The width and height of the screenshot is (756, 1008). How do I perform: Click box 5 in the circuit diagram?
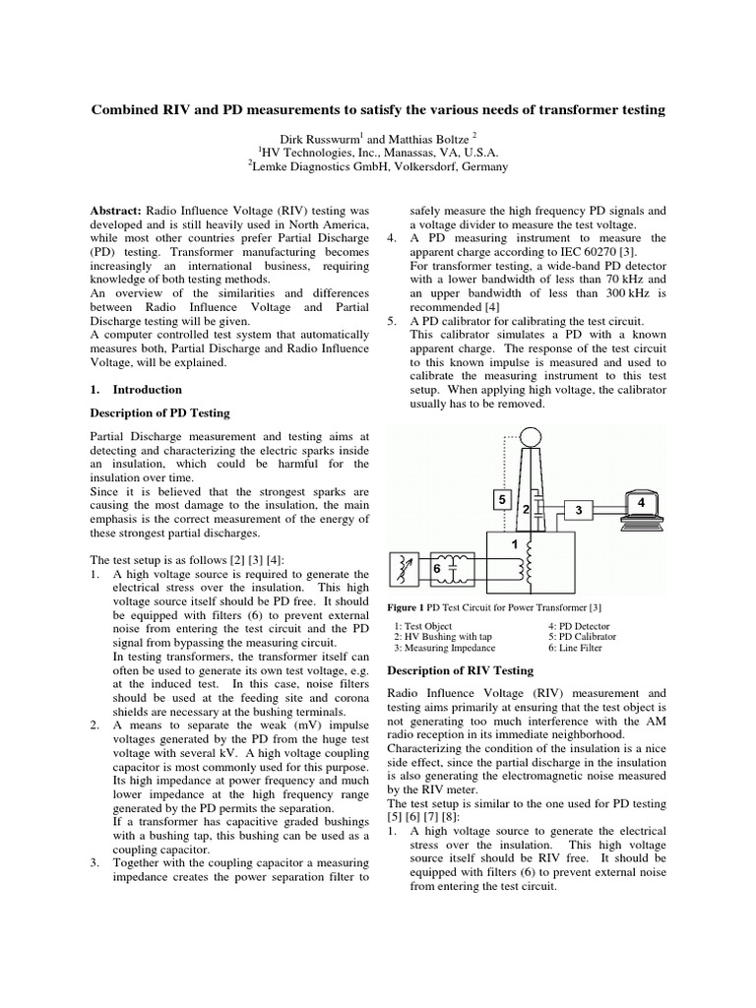click(x=502, y=500)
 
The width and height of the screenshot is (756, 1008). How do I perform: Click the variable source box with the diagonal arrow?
click(x=404, y=567)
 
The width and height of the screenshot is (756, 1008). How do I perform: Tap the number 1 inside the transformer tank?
click(x=513, y=543)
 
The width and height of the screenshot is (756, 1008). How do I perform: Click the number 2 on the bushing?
click(x=527, y=509)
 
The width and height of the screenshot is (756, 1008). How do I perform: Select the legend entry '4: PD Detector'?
click(x=579, y=626)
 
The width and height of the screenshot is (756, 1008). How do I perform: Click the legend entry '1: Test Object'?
click(x=426, y=626)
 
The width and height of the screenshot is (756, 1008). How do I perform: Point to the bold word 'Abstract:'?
click(x=116, y=210)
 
